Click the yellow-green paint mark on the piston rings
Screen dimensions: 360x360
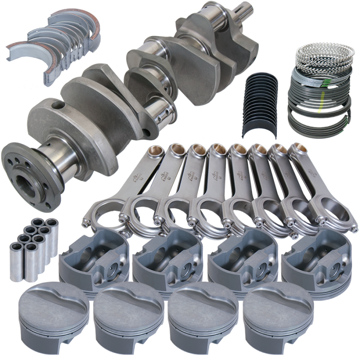coord(320,106)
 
